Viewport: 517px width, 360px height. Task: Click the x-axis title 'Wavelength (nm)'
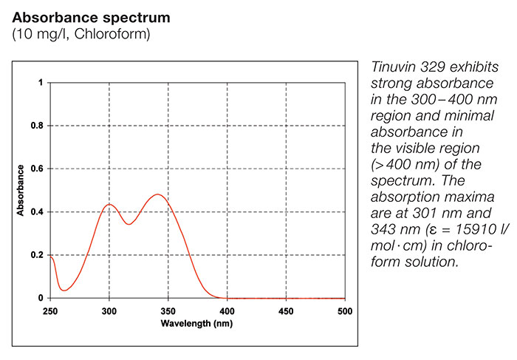pos(197,323)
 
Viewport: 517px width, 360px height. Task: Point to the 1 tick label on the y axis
pos(40,83)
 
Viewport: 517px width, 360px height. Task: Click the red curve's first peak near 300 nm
pos(109,204)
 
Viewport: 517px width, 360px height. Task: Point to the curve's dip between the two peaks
pos(129,224)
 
